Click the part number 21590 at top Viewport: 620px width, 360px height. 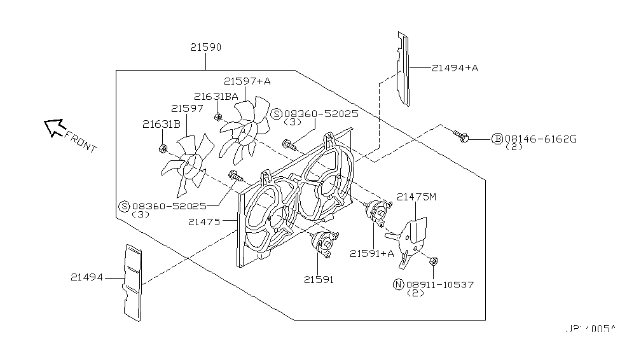(205, 48)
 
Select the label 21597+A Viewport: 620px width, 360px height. (247, 81)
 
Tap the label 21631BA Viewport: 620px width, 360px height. (216, 96)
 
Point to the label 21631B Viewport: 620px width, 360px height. (162, 124)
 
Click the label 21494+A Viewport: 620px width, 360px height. (455, 67)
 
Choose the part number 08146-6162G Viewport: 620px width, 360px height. (541, 138)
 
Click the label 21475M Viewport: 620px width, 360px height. (417, 197)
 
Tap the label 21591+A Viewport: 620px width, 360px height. (371, 253)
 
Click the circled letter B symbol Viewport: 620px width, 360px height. (497, 139)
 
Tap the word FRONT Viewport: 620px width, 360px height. (81, 144)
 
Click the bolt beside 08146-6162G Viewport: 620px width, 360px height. (461, 135)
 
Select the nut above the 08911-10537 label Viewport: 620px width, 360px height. (432, 261)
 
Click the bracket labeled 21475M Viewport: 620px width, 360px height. (410, 239)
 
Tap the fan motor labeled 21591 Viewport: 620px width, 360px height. (323, 244)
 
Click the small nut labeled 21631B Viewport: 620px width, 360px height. (162, 149)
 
